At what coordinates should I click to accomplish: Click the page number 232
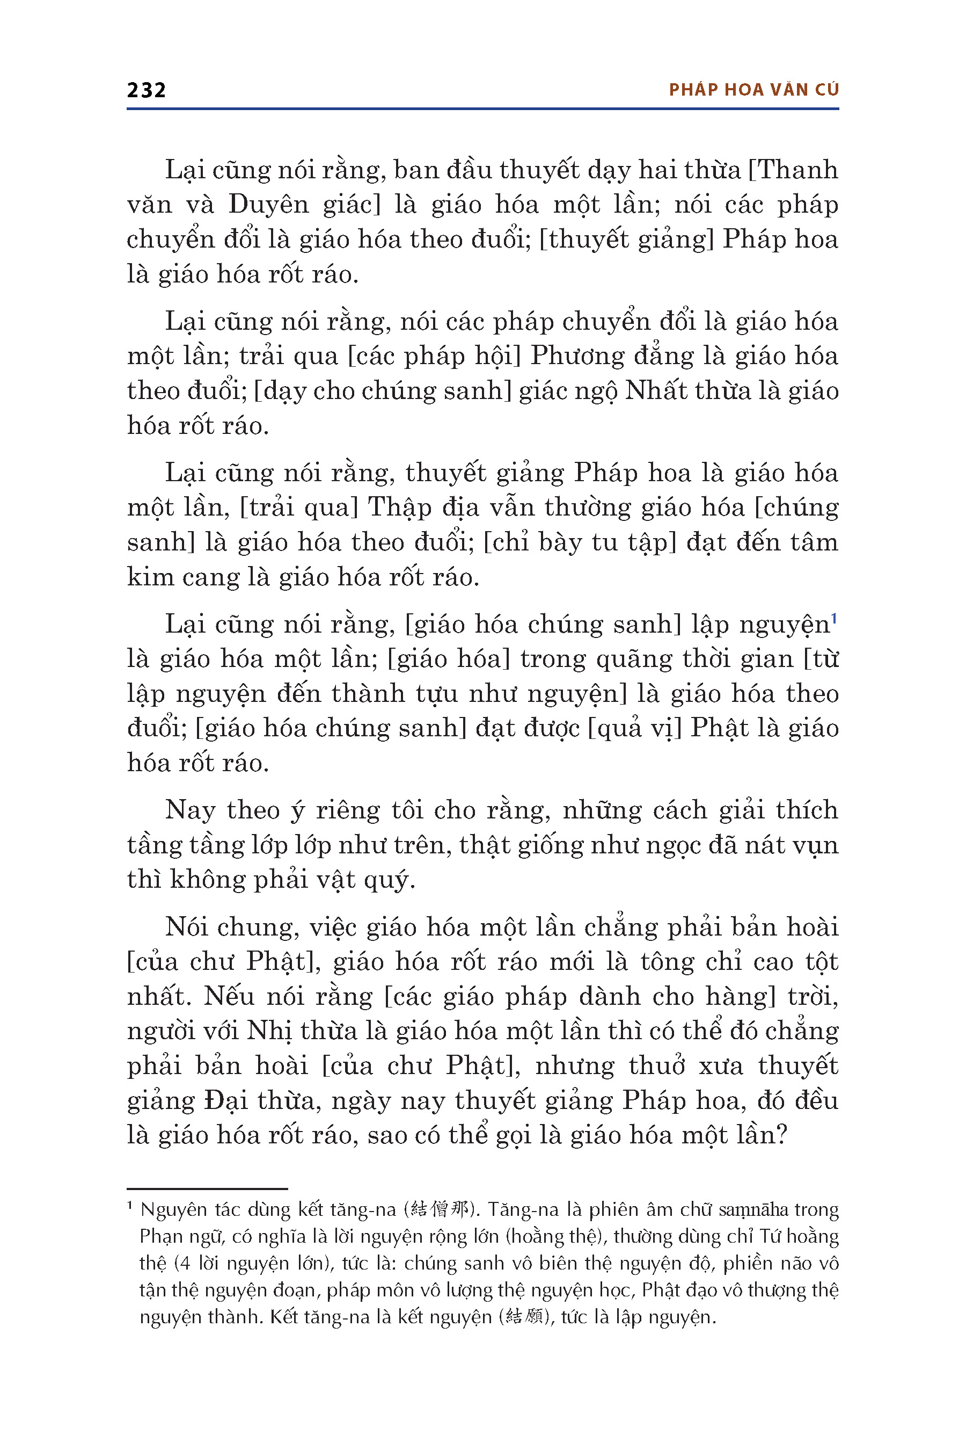coord(146,91)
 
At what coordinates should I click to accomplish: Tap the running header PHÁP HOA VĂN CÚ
coord(753,90)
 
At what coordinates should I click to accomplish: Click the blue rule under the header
coord(482,109)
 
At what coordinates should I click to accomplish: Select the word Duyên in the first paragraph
coord(269,205)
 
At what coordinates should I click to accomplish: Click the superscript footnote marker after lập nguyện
coord(834,617)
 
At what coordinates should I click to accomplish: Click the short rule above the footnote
coord(207,1188)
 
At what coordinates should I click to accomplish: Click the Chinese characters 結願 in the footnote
coord(522,1317)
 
